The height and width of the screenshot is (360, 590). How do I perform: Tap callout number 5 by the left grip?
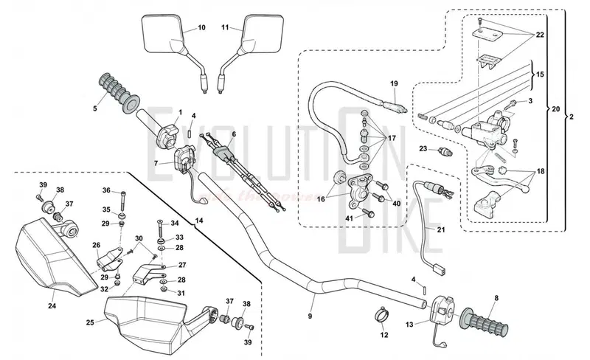(x=94, y=108)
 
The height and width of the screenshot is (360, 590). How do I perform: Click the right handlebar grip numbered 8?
(x=487, y=322)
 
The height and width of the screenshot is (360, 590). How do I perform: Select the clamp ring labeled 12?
(x=383, y=315)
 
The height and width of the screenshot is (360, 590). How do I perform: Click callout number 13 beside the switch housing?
(x=409, y=324)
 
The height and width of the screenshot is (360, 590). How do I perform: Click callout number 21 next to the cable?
(x=442, y=230)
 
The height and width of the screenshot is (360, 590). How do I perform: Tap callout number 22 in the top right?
(x=540, y=35)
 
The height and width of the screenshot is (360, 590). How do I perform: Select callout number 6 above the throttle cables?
(x=233, y=134)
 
